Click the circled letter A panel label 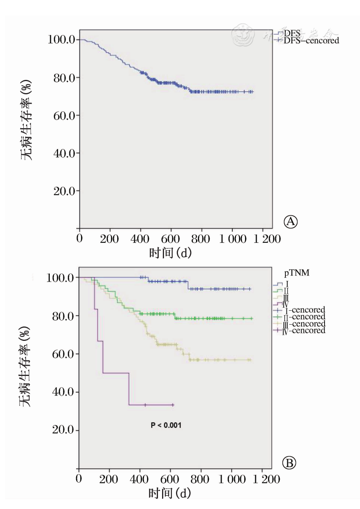point(290,222)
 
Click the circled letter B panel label point(289,463)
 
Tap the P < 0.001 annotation point(166,425)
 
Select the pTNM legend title point(297,273)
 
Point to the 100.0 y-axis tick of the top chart point(61,39)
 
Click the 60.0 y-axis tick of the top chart point(64,116)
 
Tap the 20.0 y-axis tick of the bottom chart point(63,429)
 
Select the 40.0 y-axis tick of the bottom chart point(63,392)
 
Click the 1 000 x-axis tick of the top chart point(233,239)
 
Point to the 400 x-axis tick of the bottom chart point(139,479)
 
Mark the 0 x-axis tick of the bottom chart point(79,479)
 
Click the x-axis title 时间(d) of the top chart point(170,253)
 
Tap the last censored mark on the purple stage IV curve point(173,405)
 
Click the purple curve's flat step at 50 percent point(116,373)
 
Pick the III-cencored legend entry point(304,324)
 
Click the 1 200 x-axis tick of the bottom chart point(266,479)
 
